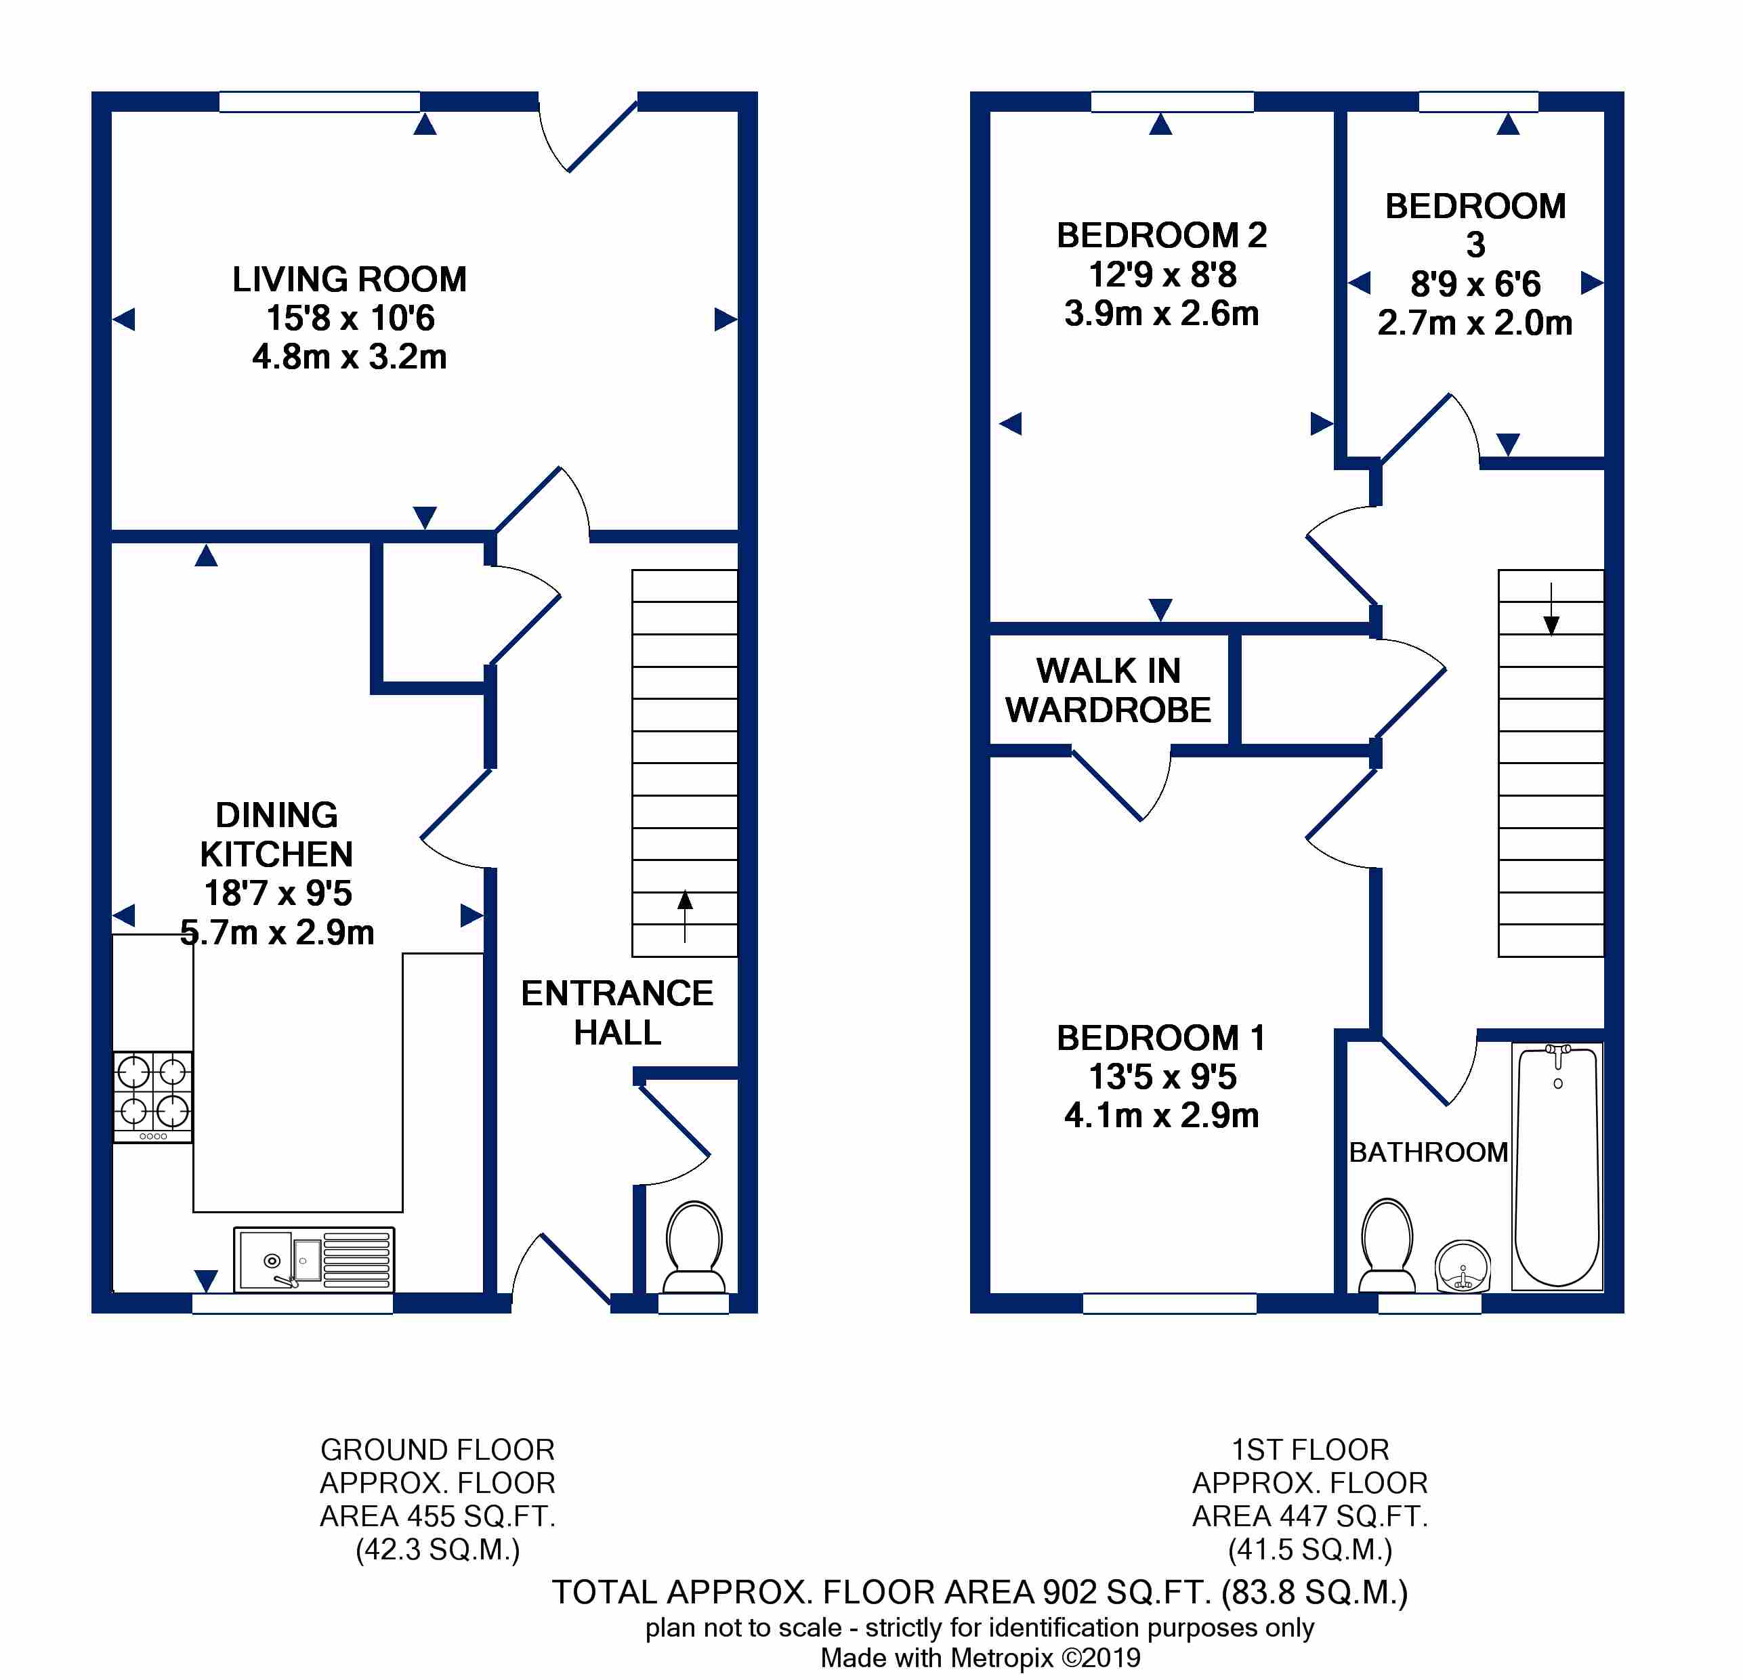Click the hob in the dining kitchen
tap(153, 1097)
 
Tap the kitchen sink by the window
tap(314, 1259)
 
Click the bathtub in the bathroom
tap(1557, 1167)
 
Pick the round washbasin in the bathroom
tap(1463, 1265)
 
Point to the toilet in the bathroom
tap(1387, 1245)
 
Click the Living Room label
tap(350, 279)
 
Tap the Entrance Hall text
tap(617, 1012)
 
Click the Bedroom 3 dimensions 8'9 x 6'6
tap(1475, 284)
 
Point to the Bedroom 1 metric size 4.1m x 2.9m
tap(1161, 1114)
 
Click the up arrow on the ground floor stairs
tap(685, 916)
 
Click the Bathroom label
tap(1428, 1152)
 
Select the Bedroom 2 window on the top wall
tap(1172, 102)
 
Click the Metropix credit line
tap(980, 1658)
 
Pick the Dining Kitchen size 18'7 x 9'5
tap(278, 892)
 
